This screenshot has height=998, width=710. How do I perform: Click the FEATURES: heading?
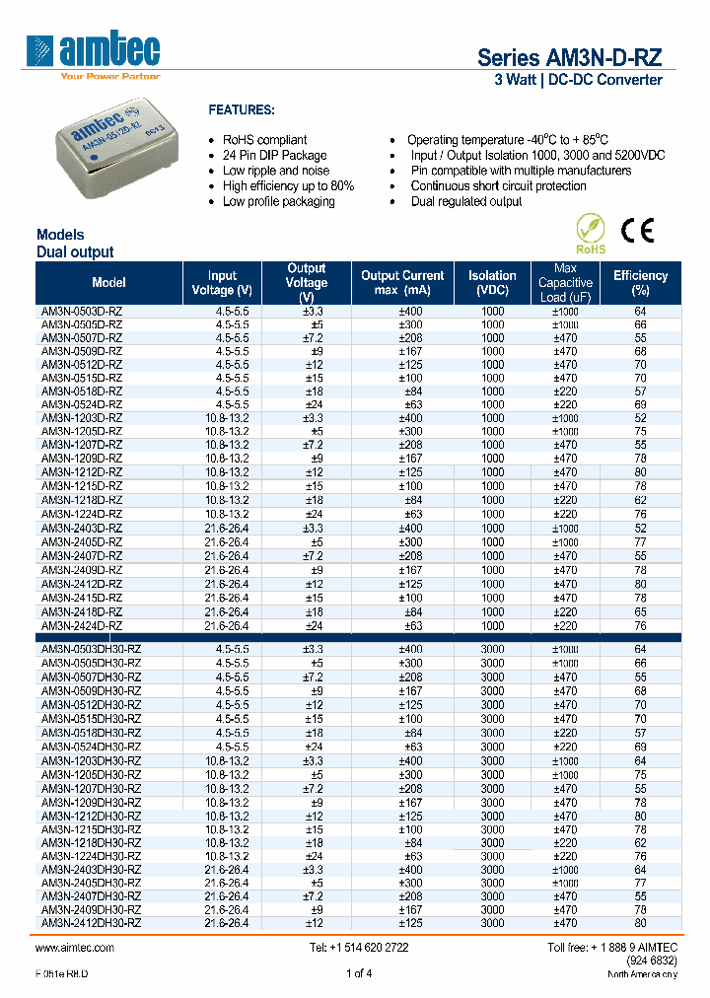pos(242,109)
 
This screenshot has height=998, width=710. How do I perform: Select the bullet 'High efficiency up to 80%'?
pos(288,185)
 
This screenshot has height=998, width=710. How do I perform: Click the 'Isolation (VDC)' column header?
pos(492,283)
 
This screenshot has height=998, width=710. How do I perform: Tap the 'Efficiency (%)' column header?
pos(640,283)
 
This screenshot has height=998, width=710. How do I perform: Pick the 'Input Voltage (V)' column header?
pos(222,283)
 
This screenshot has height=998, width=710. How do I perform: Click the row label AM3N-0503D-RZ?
pos(82,312)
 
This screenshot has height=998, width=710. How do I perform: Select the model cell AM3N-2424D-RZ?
pos(82,625)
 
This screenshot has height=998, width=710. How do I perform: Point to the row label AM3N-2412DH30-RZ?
pos(90,923)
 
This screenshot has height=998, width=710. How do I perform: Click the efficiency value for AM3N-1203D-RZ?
pos(640,418)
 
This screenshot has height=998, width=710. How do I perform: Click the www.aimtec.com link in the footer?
pos(75,947)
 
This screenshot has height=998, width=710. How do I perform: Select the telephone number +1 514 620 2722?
pos(358,947)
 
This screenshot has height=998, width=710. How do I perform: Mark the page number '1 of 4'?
pos(359,973)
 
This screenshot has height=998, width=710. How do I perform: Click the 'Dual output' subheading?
pos(75,251)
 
